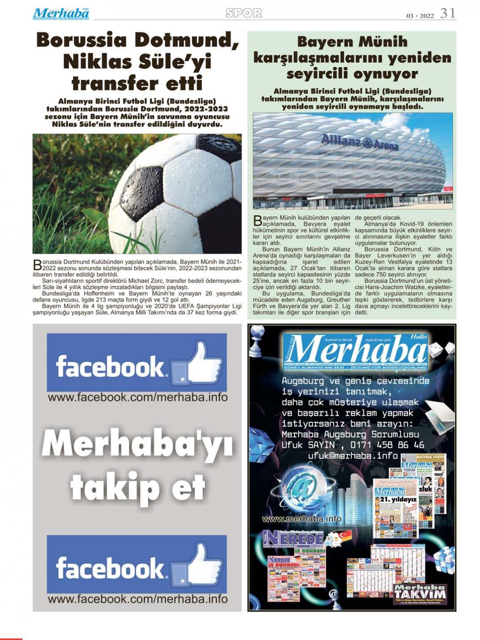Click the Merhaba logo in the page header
pyautogui.click(x=61, y=13)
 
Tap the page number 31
pyautogui.click(x=448, y=13)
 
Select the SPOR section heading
pyautogui.click(x=244, y=13)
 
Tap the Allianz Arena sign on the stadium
pyautogui.click(x=360, y=142)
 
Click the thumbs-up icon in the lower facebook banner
pyautogui.click(x=203, y=565)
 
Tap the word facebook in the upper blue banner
pyautogui.click(x=110, y=367)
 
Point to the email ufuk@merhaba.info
pyautogui.click(x=353, y=456)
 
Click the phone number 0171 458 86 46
pyautogui.click(x=387, y=445)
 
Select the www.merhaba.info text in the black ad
pyautogui.click(x=301, y=519)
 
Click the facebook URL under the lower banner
pyautogui.click(x=137, y=599)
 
